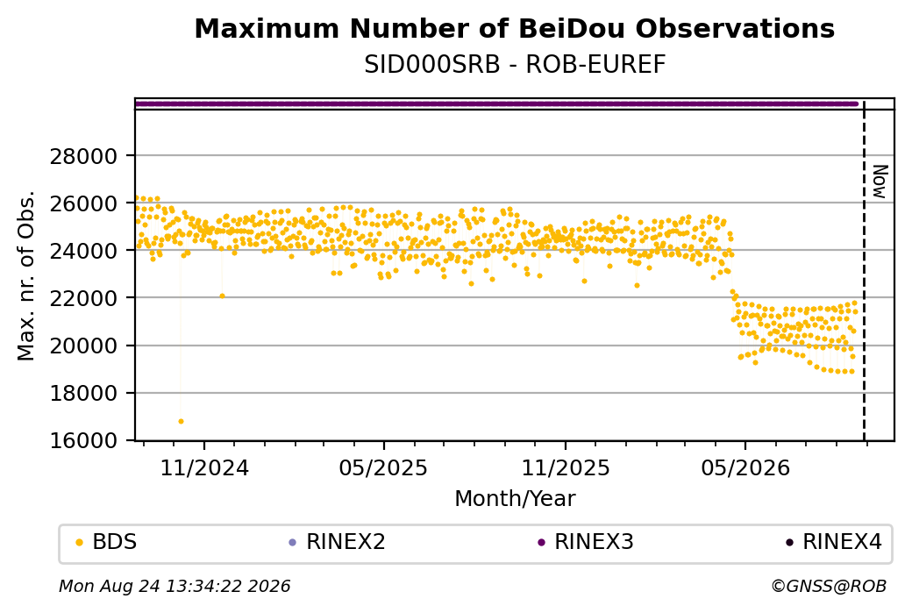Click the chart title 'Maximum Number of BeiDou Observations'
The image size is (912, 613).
(514, 28)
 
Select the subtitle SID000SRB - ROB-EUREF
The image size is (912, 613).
(514, 65)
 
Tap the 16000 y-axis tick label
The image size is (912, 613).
(84, 440)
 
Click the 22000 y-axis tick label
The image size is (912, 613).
(84, 298)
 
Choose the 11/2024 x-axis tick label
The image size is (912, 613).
(204, 467)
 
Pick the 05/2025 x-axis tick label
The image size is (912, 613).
(383, 467)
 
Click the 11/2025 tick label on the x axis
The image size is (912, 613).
(566, 467)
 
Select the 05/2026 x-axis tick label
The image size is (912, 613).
(745, 467)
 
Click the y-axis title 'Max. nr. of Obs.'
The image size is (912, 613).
(26, 275)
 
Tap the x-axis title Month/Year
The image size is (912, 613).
(515, 498)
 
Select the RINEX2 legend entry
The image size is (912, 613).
(338, 542)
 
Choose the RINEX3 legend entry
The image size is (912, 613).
(586, 542)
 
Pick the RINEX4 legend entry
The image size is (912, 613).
(834, 542)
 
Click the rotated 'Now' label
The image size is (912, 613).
(880, 182)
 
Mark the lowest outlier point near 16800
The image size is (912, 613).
(181, 421)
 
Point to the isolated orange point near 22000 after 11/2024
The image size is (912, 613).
(222, 296)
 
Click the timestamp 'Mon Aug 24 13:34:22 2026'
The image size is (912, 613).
(175, 586)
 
